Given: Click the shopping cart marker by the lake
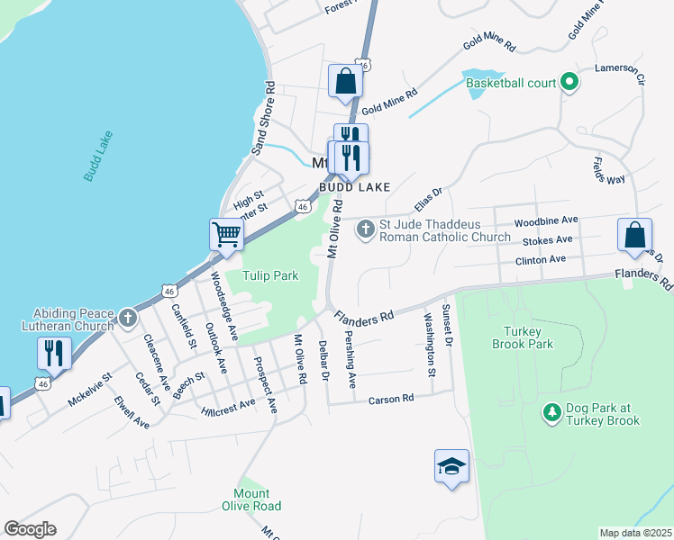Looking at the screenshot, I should pos(227,235).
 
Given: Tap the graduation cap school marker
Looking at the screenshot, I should pos(451,466).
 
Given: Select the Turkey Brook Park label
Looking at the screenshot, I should pos(522,337).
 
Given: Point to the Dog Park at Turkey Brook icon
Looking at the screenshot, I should pos(551,413).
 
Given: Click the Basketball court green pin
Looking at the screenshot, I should pos(569,83).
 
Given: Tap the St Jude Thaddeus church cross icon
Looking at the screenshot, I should pos(366,229).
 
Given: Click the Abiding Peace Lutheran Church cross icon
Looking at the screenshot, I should pos(128,317).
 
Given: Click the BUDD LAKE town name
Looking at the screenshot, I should pos(353,187).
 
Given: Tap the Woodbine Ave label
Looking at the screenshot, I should pos(545,220).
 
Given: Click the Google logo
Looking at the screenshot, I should pos(30,529).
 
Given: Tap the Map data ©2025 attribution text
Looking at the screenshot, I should pos(634,533).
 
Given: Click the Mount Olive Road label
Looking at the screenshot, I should pos(251,499).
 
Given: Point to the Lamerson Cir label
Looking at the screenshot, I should pos(620,68).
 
